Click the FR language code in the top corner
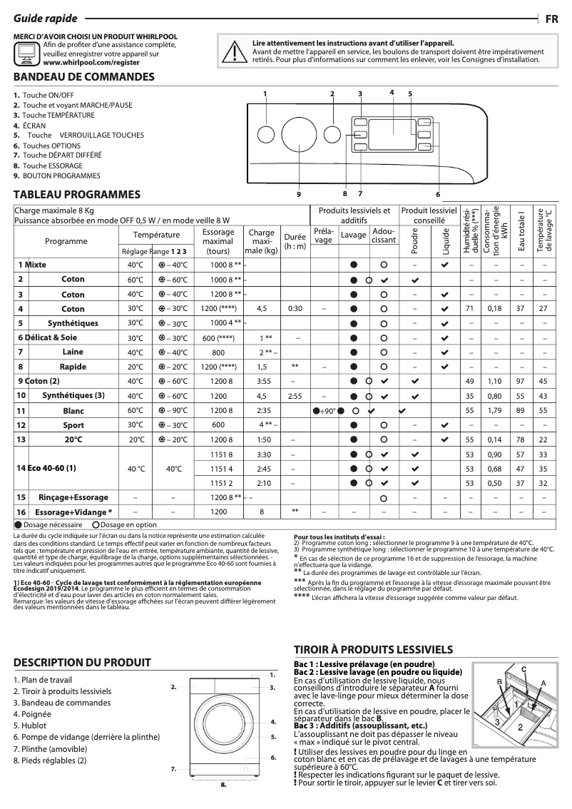pos(551,19)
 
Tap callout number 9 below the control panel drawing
pos(298,193)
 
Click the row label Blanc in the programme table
pos(73,411)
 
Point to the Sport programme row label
pos(73,425)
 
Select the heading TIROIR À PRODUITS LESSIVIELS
pos(373,649)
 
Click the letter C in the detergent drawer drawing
pos(524,668)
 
